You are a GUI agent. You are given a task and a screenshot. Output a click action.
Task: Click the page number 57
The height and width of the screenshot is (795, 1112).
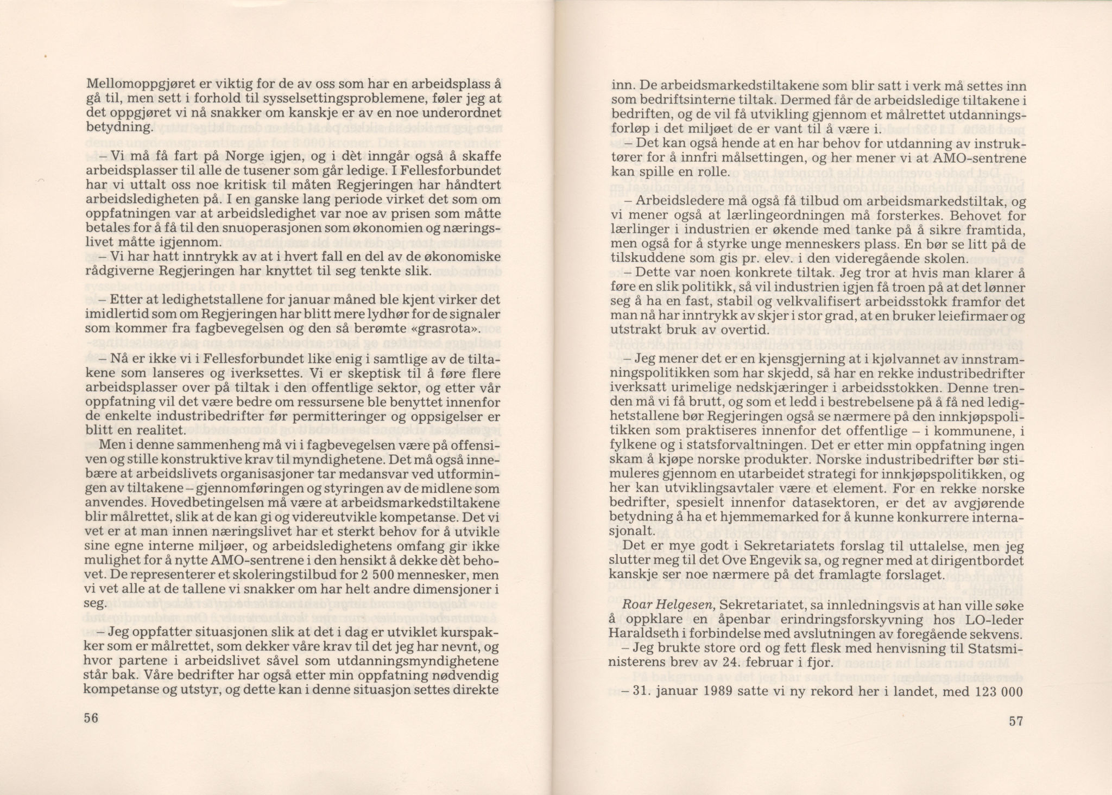[1016, 721]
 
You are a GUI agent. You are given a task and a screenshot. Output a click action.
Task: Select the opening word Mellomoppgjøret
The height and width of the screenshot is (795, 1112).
[127, 85]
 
